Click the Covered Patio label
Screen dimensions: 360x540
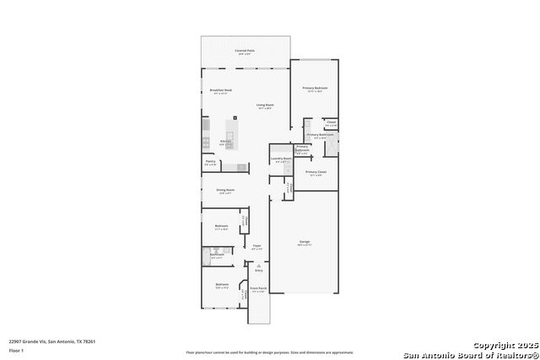245,51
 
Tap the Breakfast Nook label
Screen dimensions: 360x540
221,90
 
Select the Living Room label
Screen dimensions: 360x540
264,105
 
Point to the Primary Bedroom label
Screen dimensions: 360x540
315,88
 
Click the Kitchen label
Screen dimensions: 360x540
226,142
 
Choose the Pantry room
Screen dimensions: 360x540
210,162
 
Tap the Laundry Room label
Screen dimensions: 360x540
281,159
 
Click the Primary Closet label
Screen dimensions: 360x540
316,172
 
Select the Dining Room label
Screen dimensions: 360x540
224,191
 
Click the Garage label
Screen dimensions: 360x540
304,243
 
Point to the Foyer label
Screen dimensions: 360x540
256,246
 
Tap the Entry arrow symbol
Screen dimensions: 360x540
258,265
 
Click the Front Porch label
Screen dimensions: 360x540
258,289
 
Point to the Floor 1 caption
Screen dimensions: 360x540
16,350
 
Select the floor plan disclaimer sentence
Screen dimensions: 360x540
270,352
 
